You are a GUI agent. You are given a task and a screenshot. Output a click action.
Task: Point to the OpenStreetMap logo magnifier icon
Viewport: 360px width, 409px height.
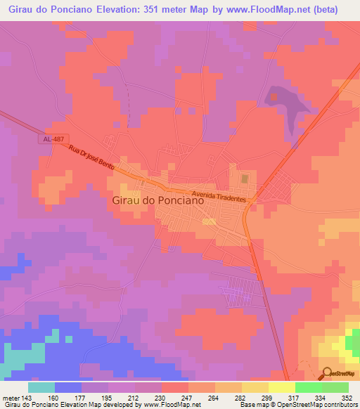[328, 373]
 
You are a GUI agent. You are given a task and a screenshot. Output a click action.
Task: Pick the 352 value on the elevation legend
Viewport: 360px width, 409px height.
[347, 397]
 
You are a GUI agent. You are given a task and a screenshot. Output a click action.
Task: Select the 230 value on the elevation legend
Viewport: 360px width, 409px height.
[161, 397]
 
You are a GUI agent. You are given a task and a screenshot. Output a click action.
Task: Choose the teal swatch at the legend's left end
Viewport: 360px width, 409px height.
[41, 387]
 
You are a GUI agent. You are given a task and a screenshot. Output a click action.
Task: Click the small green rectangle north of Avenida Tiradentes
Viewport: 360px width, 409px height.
[245, 179]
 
